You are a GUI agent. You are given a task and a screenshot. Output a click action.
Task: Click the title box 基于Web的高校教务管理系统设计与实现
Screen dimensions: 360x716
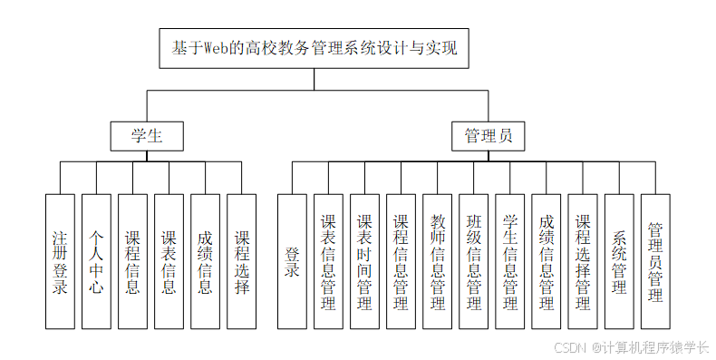pyautogui.click(x=315, y=48)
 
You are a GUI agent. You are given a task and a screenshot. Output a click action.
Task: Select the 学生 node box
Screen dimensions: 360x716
pyautogui.click(x=147, y=136)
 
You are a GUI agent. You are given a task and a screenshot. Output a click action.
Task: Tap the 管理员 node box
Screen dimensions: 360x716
pyautogui.click(x=488, y=136)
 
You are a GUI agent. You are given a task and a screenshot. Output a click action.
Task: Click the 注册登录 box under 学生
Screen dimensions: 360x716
pyautogui.click(x=60, y=261)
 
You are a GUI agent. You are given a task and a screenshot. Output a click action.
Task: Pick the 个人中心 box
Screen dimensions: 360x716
pyautogui.click(x=96, y=261)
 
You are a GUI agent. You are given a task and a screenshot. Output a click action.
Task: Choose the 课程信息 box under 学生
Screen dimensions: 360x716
pyautogui.click(x=132, y=261)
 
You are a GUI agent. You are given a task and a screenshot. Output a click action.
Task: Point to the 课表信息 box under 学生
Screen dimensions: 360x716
pyautogui.click(x=169, y=261)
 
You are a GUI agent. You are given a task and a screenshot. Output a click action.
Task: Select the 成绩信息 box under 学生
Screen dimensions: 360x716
pyautogui.click(x=205, y=261)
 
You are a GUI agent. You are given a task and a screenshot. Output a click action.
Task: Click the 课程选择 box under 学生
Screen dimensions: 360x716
pyautogui.click(x=241, y=261)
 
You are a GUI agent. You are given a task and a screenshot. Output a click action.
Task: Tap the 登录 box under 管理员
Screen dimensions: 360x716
pyautogui.click(x=292, y=261)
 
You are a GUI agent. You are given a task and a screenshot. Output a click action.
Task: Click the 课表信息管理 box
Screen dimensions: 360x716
pyautogui.click(x=328, y=261)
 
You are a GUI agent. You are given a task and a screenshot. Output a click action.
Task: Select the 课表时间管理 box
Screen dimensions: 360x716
pyautogui.click(x=364, y=261)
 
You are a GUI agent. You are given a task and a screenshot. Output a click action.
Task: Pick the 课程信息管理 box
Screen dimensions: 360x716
pyautogui.click(x=401, y=261)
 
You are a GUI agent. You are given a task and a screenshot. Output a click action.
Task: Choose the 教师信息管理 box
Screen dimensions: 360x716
pyautogui.click(x=438, y=261)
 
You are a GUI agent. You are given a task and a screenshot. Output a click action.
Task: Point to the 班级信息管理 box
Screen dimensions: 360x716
pyautogui.click(x=474, y=261)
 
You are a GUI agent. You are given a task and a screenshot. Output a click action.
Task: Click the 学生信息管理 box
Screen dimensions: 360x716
pyautogui.click(x=510, y=261)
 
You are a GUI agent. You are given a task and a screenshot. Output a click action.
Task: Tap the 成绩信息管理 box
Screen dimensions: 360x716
pyautogui.click(x=547, y=261)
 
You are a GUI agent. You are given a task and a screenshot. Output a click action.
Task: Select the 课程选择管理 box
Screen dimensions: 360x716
pyautogui.click(x=583, y=261)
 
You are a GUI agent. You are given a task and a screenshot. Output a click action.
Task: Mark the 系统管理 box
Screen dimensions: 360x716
pyautogui.click(x=619, y=261)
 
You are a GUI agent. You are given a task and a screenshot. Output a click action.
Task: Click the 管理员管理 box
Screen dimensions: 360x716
pyautogui.click(x=655, y=261)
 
